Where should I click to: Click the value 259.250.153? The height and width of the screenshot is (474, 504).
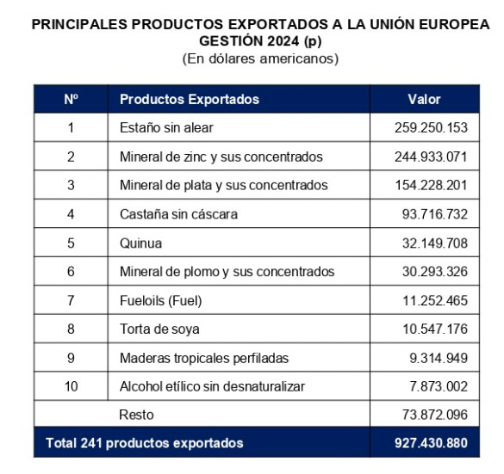click(x=431, y=127)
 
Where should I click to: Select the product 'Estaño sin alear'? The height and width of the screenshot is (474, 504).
click(x=166, y=127)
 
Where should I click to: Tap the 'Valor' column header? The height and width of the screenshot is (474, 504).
click(x=424, y=99)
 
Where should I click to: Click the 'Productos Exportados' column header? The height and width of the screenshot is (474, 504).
click(x=190, y=99)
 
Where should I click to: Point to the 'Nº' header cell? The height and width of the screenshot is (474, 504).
click(x=71, y=99)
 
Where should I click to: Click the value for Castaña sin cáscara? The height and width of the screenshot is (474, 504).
click(x=434, y=214)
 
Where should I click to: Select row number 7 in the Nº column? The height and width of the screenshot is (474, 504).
click(x=71, y=300)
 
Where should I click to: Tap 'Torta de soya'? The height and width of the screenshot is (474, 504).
click(x=159, y=329)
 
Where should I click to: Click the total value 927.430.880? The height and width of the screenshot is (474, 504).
click(x=431, y=443)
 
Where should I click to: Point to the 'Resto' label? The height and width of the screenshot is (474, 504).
click(x=136, y=415)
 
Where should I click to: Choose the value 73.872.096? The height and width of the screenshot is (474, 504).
click(x=434, y=415)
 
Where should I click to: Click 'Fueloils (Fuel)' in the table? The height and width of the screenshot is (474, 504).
click(x=161, y=301)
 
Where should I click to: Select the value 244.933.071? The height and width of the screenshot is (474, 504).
click(x=431, y=157)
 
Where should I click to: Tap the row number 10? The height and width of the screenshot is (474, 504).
click(x=71, y=386)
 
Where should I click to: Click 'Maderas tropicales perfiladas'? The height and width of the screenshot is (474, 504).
click(x=204, y=358)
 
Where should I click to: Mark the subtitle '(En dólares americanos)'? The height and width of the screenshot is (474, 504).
click(x=260, y=58)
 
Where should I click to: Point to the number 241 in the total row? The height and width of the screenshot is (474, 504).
click(x=91, y=443)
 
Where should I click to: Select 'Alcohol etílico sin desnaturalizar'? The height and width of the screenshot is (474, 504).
click(x=212, y=386)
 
